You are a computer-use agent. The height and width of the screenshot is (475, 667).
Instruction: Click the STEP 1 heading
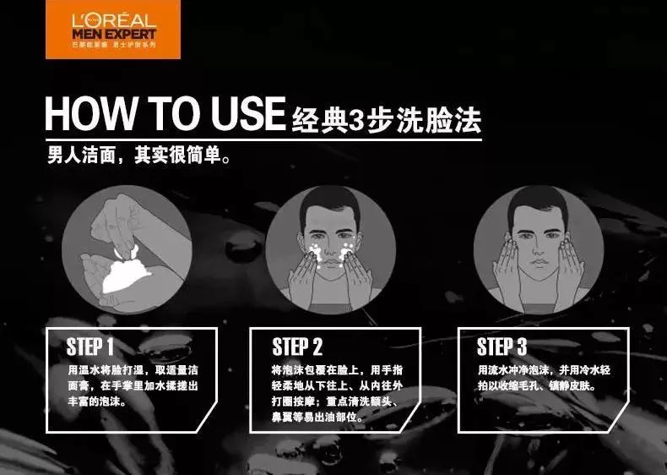(89, 347)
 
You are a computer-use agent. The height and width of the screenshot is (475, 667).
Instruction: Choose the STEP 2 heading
(297, 347)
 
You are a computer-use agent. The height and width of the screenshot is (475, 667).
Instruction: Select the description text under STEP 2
(335, 394)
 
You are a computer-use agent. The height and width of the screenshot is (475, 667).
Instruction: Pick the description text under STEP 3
(540, 379)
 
